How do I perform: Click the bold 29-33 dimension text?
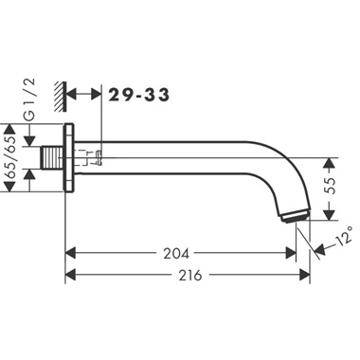(x=139, y=95)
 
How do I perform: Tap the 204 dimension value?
(x=176, y=253)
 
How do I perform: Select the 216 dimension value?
(x=189, y=275)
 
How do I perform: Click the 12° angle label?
(x=345, y=235)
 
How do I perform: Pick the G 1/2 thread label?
(x=30, y=99)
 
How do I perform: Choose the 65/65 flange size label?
(x=11, y=157)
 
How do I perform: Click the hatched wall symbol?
(x=60, y=97)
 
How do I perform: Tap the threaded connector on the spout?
(x=53, y=158)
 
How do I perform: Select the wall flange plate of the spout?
(x=69, y=158)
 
